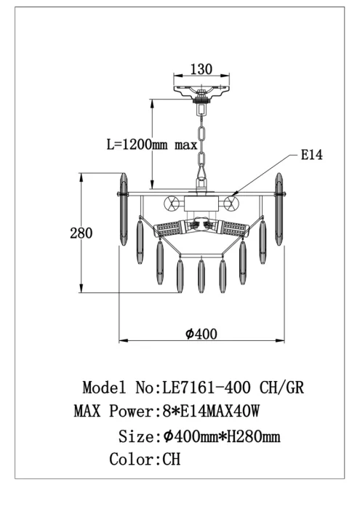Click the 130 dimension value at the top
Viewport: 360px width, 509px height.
[x=201, y=69]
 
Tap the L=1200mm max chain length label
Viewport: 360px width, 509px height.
[x=152, y=144]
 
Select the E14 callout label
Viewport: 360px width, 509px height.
[x=312, y=154]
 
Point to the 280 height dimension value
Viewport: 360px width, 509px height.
[x=81, y=233]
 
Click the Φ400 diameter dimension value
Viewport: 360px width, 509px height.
[x=201, y=334]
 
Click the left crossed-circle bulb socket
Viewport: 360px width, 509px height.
[x=172, y=204]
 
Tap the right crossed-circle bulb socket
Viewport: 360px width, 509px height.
[x=231, y=204]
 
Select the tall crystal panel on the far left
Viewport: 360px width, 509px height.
[x=124, y=209]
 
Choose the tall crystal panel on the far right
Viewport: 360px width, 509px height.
[x=279, y=209]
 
